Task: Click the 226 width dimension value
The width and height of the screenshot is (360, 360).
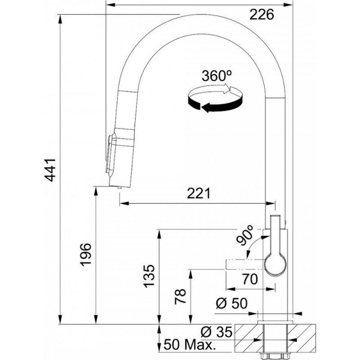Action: pyautogui.click(x=262, y=15)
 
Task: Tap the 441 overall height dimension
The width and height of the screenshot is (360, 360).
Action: pyautogui.click(x=50, y=170)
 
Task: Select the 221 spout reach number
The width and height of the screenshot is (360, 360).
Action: pyautogui.click(x=198, y=193)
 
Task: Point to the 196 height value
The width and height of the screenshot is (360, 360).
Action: pyautogui.click(x=85, y=255)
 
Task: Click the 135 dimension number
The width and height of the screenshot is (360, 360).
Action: pyautogui.click(x=149, y=276)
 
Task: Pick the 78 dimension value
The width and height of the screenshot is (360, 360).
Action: pyautogui.click(x=180, y=297)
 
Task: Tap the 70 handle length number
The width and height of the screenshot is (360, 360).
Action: pyautogui.click(x=250, y=279)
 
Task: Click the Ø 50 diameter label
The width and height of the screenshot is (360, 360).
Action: pyautogui.click(x=232, y=303)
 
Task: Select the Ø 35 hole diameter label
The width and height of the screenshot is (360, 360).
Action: pyautogui.click(x=216, y=332)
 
